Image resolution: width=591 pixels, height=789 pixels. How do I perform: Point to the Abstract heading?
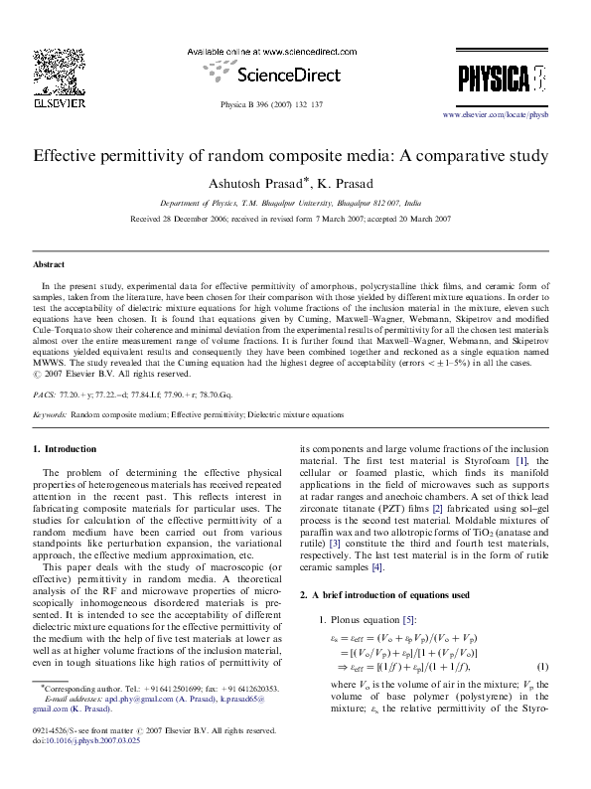coord(50,266)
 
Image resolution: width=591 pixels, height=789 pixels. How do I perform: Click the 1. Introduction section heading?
coord(71,449)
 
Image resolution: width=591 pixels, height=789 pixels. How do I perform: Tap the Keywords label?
coord(50,412)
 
